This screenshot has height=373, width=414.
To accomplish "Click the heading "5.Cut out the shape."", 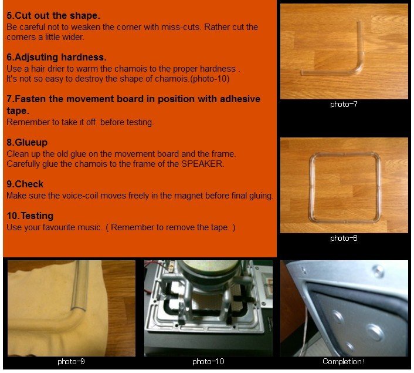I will point(53,15).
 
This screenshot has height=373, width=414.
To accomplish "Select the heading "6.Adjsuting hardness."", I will point(56,57).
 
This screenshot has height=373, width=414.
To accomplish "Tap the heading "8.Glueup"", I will point(27,142).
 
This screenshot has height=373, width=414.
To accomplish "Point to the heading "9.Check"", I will point(25,184).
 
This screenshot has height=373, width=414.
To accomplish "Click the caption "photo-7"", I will point(344,105).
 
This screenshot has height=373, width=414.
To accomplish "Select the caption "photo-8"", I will point(344,238).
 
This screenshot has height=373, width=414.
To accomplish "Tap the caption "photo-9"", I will point(71,361).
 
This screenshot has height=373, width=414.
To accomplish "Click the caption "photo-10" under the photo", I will point(208,361).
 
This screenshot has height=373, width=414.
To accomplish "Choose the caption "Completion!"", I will point(344,361).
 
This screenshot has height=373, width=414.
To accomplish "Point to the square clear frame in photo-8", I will point(311,188).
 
